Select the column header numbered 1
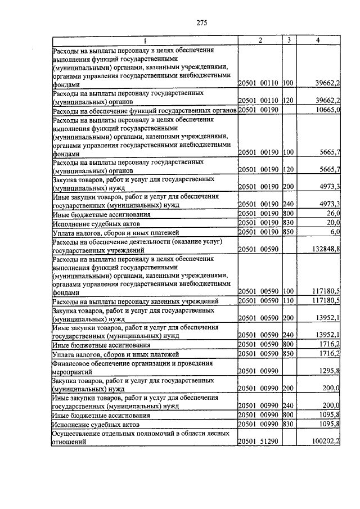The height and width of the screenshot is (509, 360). point(144,40)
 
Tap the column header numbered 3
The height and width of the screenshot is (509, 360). point(289,40)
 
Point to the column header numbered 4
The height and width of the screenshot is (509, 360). point(318,40)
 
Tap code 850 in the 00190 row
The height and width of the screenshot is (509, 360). point(289,232)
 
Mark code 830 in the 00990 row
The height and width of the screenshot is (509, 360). point(289,424)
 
